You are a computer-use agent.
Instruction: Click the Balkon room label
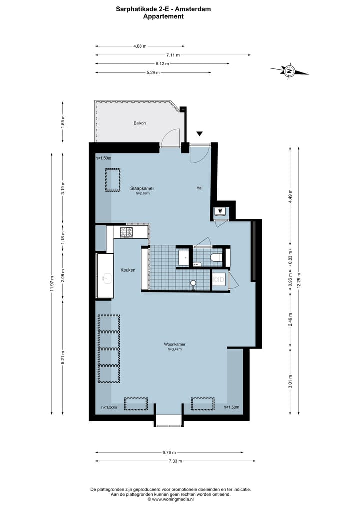click(x=139, y=123)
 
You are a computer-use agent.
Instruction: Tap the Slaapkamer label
click(x=142, y=188)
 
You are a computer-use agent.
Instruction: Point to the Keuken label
click(x=128, y=270)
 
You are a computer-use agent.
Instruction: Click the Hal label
click(x=199, y=188)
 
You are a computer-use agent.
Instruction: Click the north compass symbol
click(x=289, y=71)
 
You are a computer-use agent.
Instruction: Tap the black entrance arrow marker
click(x=199, y=134)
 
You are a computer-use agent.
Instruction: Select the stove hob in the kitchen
click(x=126, y=232)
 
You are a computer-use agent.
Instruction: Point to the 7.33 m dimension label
click(x=174, y=461)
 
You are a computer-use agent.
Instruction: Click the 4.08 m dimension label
click(x=140, y=46)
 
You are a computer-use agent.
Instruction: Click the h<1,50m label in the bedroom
click(x=103, y=158)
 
